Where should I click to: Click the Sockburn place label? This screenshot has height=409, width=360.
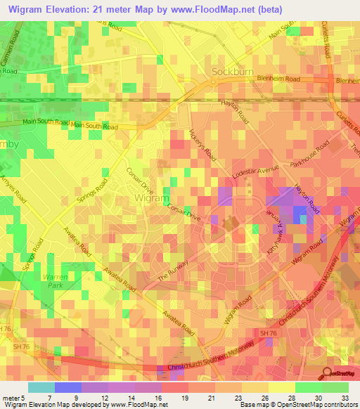(x=231, y=72)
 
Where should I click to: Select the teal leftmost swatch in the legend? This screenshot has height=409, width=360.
(x=41, y=387)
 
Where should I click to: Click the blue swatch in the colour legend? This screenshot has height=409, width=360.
(x=67, y=387)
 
